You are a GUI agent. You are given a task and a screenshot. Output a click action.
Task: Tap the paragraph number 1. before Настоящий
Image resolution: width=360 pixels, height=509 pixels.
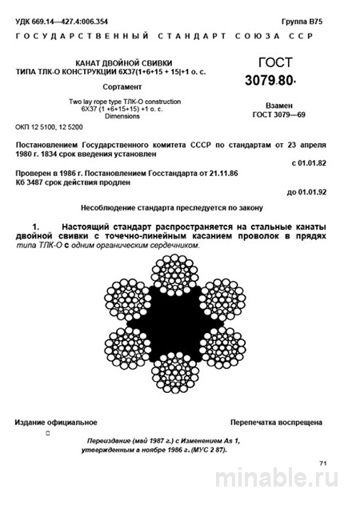(x=34, y=228)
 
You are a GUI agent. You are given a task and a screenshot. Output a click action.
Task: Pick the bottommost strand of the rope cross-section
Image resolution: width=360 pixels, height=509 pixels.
(x=179, y=379)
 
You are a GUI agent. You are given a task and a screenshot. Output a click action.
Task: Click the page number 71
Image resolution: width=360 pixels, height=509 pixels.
(x=323, y=463)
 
